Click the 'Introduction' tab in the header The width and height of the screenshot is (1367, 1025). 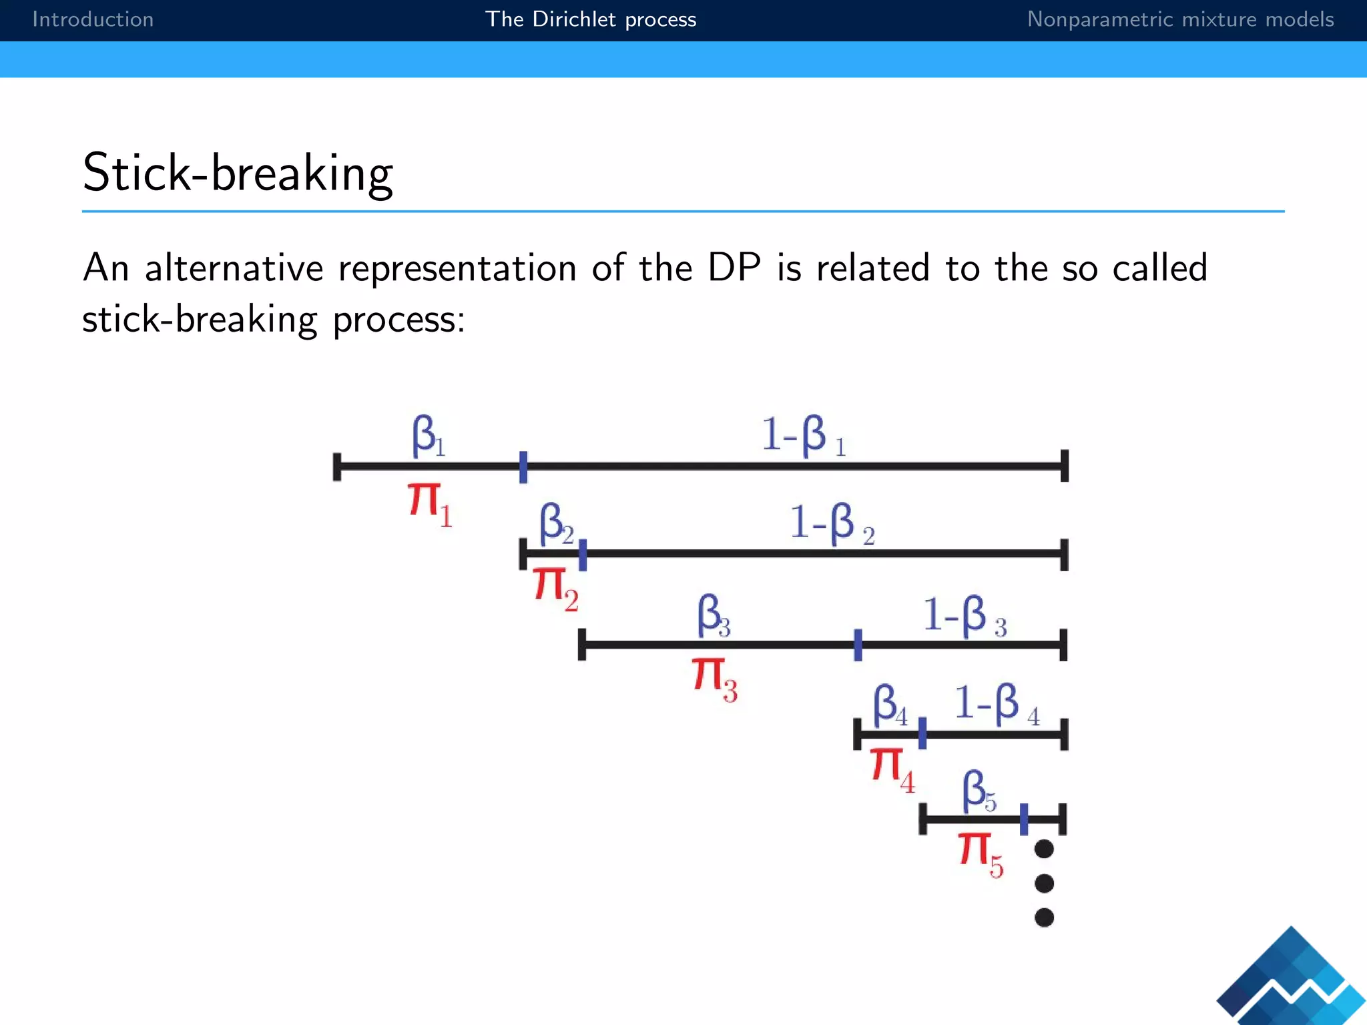[x=93, y=19]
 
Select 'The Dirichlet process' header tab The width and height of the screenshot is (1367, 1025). [x=591, y=19]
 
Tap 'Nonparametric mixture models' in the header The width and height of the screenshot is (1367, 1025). [x=1180, y=19]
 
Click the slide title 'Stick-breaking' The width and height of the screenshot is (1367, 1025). [x=238, y=173]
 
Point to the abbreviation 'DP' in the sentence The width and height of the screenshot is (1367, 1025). [x=734, y=268]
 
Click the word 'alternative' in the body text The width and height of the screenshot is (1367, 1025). [x=234, y=268]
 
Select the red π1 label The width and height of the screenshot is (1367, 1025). [x=429, y=504]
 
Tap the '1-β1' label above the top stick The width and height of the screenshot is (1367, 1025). [x=804, y=436]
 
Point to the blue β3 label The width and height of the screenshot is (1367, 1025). [x=714, y=615]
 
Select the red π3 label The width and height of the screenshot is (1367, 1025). [x=714, y=679]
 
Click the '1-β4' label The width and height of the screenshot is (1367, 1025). [x=996, y=704]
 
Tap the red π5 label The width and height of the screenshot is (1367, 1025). [x=981, y=854]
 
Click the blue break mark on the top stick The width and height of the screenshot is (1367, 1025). [x=523, y=466]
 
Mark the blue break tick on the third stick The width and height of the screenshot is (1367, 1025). [x=858, y=645]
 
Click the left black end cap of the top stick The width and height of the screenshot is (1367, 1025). [x=337, y=466]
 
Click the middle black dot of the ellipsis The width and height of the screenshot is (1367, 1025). [x=1044, y=884]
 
